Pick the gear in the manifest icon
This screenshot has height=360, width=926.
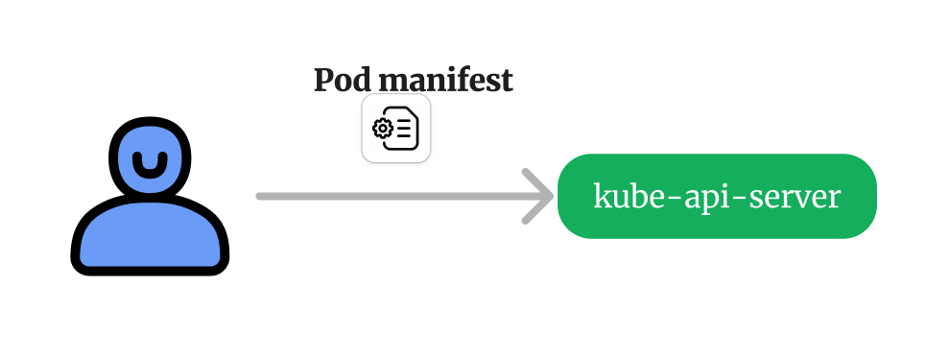point(383,130)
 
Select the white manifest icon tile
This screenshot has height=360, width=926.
point(395,129)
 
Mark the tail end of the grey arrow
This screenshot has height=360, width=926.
point(261,196)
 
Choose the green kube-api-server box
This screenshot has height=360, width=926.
point(717,196)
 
